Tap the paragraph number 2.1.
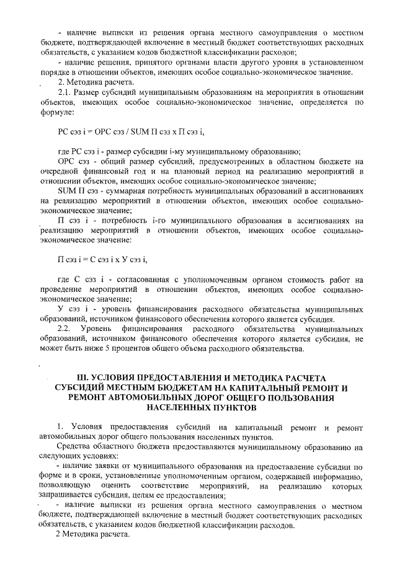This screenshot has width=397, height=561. [x=66, y=92]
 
